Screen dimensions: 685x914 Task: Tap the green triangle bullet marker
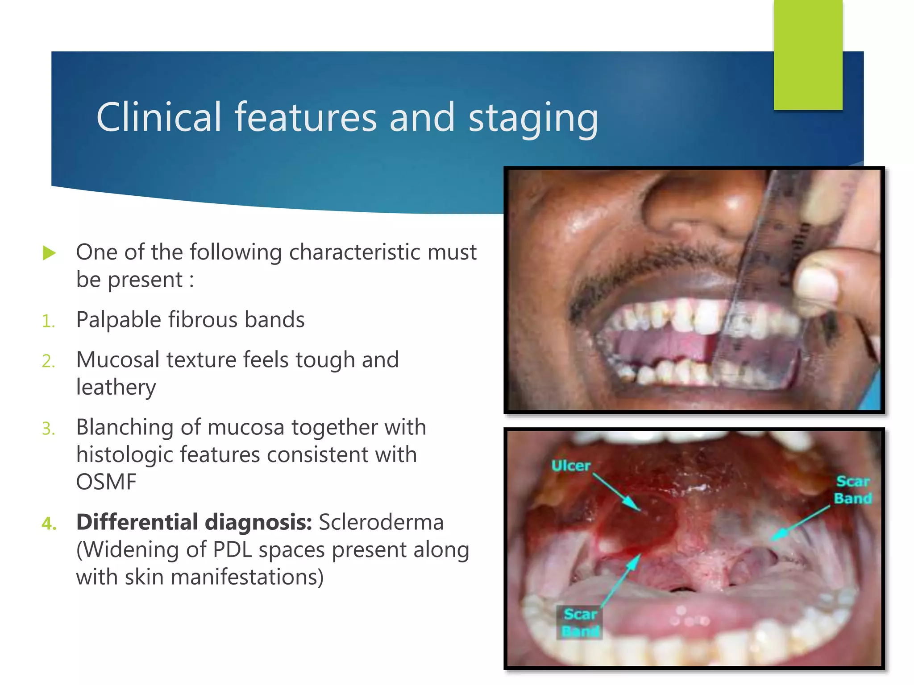click(49, 253)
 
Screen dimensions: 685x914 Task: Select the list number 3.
click(48, 429)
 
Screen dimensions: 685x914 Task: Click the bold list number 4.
click(49, 523)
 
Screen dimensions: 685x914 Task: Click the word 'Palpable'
click(118, 320)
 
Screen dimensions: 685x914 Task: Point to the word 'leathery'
click(116, 387)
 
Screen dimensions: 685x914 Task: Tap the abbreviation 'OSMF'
click(106, 482)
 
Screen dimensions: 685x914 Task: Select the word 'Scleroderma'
click(381, 522)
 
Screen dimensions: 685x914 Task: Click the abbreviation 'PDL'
click(232, 549)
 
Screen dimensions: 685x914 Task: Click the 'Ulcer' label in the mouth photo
click(571, 466)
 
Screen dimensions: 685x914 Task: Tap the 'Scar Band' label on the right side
click(853, 490)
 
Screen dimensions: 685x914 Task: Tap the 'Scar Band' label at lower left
click(580, 623)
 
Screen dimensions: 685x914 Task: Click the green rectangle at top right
click(808, 54)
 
